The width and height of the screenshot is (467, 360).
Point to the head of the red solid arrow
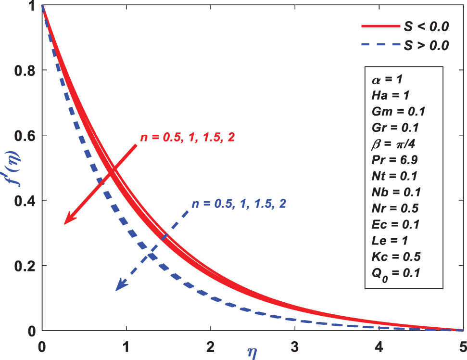click(x=66, y=222)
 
